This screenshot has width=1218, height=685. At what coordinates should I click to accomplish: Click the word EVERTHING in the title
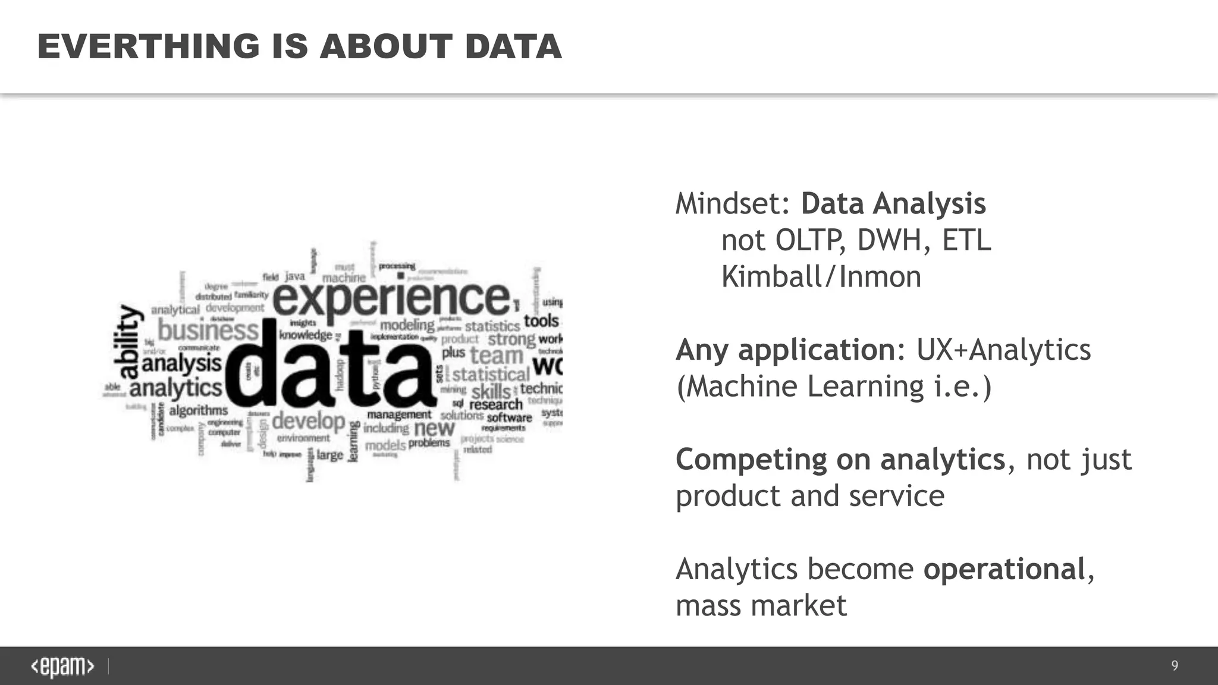click(x=149, y=46)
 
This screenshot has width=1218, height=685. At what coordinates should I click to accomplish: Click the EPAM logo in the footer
click(x=62, y=667)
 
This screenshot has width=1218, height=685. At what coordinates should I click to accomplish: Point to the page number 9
click(x=1175, y=665)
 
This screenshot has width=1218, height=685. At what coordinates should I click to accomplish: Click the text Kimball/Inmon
click(x=821, y=276)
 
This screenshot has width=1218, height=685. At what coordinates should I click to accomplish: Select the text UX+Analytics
click(x=1003, y=350)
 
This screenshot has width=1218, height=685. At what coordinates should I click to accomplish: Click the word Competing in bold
click(x=751, y=460)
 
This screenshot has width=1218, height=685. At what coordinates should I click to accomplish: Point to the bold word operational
click(x=1004, y=569)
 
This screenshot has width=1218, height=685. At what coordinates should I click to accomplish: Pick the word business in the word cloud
click(x=208, y=330)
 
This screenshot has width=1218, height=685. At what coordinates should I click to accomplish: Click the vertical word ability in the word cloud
click(x=128, y=342)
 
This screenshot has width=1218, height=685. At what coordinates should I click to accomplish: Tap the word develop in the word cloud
click(x=309, y=421)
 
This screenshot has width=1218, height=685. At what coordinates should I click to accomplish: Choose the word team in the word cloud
click(x=497, y=356)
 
